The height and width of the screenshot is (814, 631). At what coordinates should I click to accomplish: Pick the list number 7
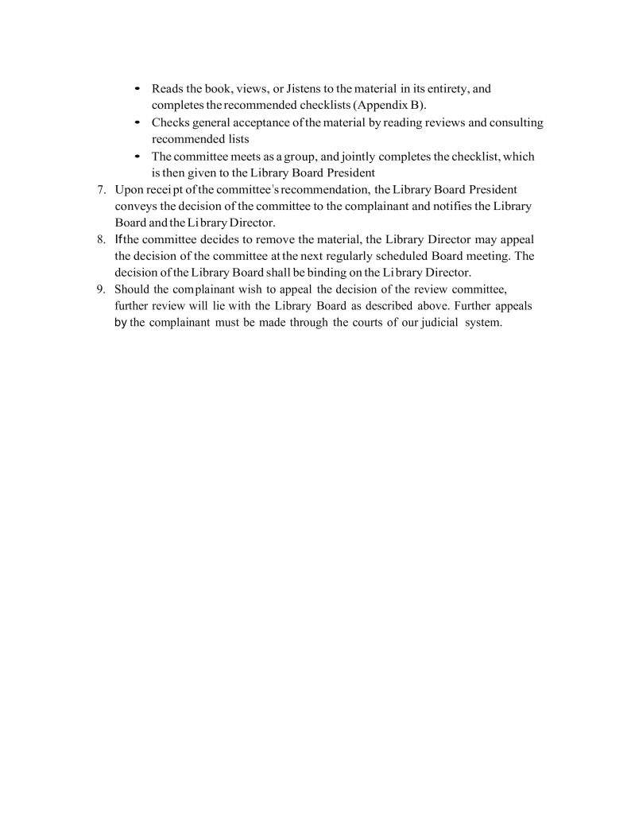click(x=100, y=189)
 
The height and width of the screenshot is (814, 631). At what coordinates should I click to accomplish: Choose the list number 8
click(x=100, y=239)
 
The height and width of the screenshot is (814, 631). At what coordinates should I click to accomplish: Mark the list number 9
click(x=100, y=289)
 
